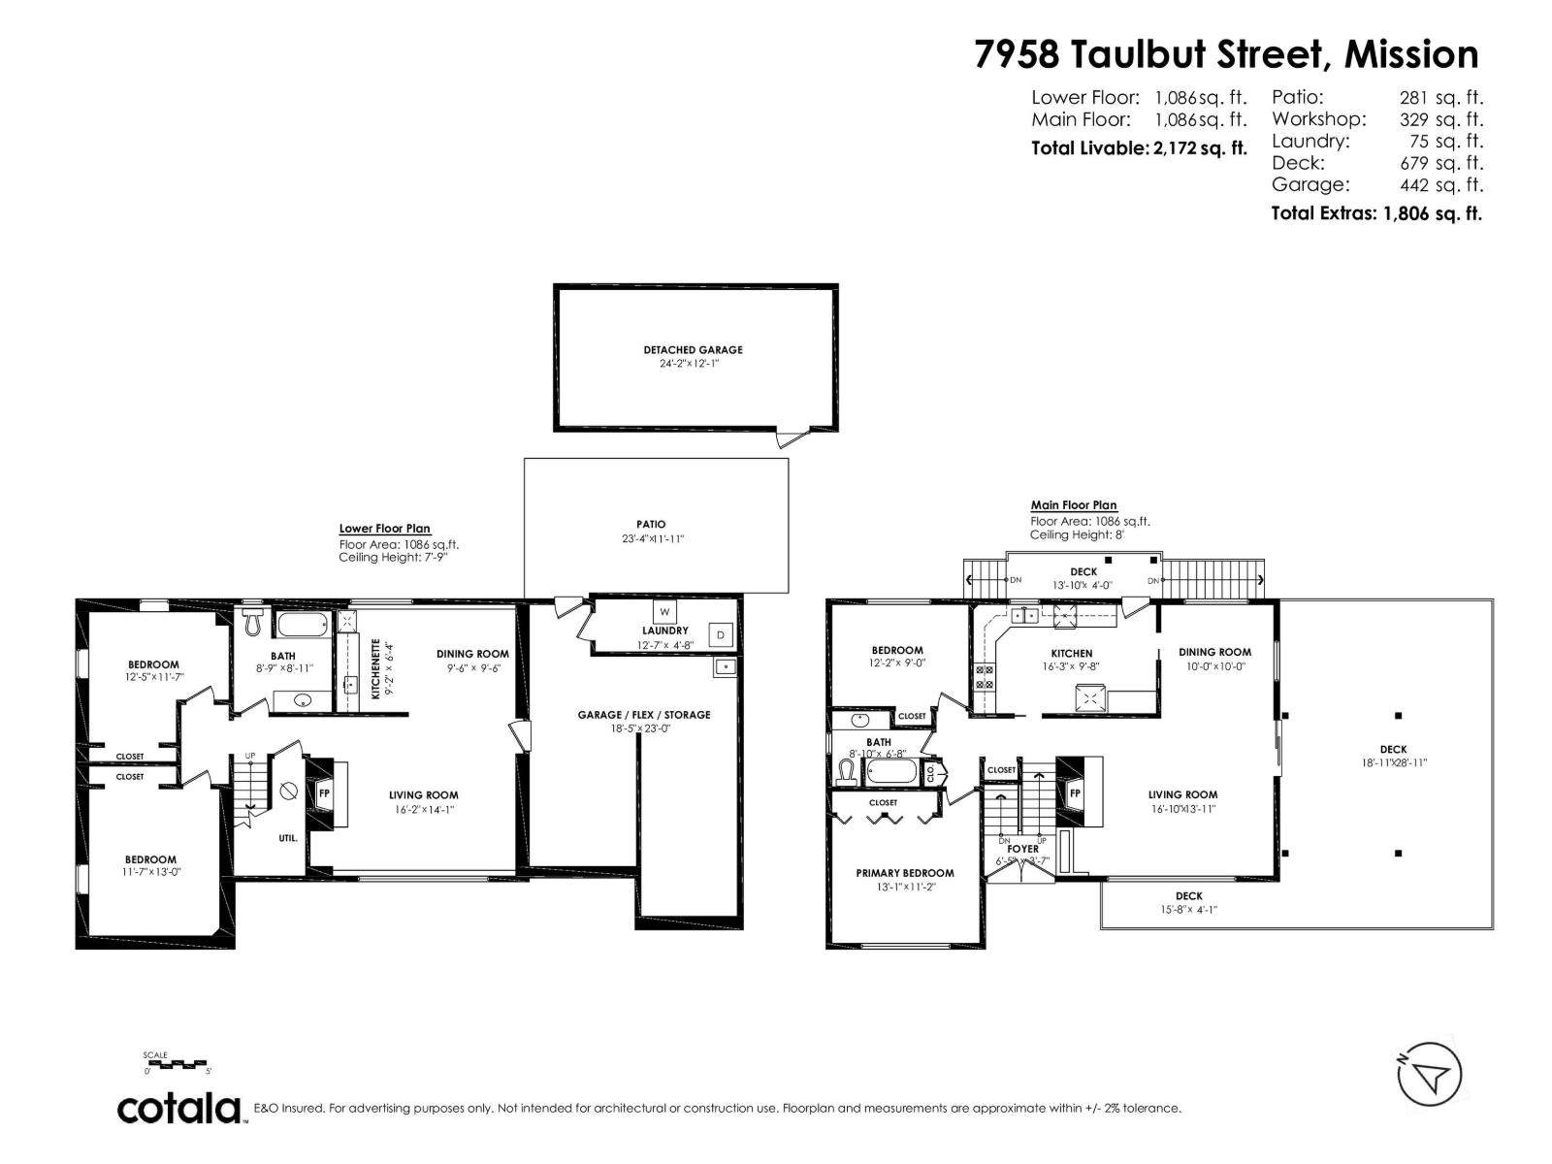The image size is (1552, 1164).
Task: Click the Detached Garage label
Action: tap(693, 349)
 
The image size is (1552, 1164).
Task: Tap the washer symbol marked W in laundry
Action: tap(664, 612)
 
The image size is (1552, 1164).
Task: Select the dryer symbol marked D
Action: tap(720, 635)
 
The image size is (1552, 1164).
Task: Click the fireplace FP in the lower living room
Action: tap(325, 792)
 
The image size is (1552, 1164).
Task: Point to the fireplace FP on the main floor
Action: tap(1075, 792)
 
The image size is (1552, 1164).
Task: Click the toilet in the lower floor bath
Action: tap(254, 622)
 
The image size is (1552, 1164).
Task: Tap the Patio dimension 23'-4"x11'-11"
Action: tap(653, 538)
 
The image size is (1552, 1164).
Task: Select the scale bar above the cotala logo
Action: tap(178, 1064)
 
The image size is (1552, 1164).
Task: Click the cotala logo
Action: tap(179, 1108)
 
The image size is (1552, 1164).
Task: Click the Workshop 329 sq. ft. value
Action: tap(1440, 119)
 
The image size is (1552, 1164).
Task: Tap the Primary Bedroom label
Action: tap(904, 873)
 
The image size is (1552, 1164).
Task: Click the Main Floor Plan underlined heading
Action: tap(1073, 505)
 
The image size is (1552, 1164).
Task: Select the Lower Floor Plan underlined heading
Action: tap(384, 529)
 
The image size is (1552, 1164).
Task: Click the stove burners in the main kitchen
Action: tap(984, 677)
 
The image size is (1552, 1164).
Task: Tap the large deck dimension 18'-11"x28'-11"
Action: tap(1393, 762)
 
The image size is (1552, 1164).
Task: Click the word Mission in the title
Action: tap(1411, 54)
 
